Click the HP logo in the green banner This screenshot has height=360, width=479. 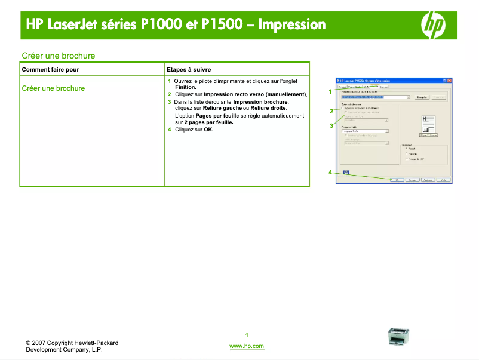434,24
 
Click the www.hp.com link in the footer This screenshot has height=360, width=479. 246,346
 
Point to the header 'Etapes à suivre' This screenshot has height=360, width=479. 189,70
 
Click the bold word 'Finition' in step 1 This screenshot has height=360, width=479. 185,87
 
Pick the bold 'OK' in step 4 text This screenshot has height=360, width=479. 208,130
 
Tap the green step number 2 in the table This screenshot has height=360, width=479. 170,94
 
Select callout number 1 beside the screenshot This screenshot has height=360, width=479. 330,91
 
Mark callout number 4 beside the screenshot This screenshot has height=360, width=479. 330,173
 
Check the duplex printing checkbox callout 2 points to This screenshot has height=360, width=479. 342,108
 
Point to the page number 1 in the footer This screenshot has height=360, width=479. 246,334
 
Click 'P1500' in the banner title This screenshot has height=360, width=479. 222,24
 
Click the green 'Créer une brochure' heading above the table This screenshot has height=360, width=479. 59,56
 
